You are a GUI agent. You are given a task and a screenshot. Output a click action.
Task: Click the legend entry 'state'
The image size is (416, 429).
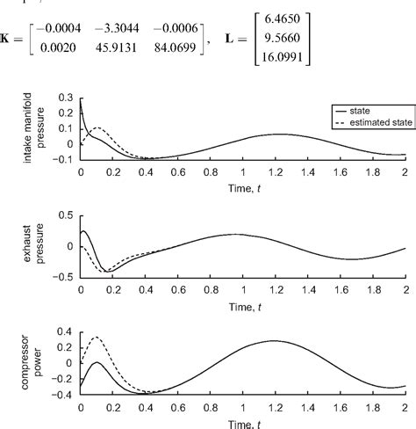pos(358,113)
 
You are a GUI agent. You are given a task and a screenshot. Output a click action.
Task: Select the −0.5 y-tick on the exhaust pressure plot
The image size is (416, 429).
pos(65,276)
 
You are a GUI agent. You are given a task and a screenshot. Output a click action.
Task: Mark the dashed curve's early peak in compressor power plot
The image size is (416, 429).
pos(96,337)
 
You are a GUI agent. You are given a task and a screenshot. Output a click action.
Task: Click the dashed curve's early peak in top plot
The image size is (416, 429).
pos(97,128)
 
